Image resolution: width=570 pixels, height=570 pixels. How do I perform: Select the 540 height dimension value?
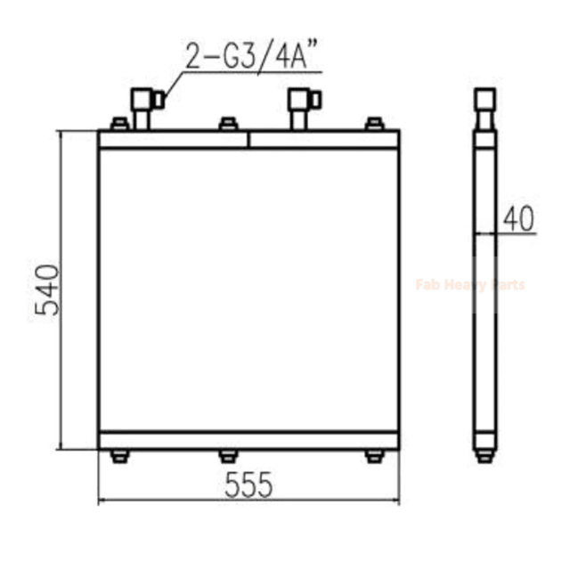(x=47, y=290)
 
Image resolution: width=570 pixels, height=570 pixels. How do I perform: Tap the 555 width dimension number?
(x=248, y=484)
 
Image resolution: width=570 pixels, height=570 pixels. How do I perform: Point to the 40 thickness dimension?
(x=518, y=217)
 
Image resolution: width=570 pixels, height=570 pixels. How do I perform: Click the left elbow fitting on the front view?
(x=143, y=105)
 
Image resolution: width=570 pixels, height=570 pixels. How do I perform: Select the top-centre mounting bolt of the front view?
(x=227, y=124)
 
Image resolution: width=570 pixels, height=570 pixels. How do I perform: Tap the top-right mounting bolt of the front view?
(x=374, y=124)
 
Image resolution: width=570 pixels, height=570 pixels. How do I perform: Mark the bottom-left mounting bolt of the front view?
(x=118, y=456)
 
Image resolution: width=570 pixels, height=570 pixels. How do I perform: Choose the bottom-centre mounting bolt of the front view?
(x=227, y=456)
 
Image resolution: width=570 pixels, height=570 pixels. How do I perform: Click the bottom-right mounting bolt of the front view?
(x=374, y=456)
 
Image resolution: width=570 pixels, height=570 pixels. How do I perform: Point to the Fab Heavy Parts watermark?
(x=470, y=285)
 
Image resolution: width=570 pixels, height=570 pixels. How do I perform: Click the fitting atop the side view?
(x=484, y=107)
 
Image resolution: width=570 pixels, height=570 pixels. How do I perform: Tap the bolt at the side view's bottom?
(x=484, y=455)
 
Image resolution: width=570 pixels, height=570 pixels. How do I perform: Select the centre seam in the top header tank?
(x=248, y=139)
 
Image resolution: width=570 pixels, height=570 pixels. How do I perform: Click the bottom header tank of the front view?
(x=248, y=440)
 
